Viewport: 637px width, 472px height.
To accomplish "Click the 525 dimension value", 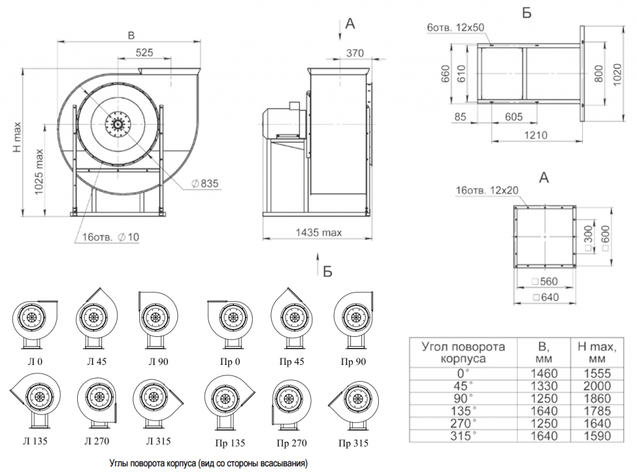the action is tap(144, 52).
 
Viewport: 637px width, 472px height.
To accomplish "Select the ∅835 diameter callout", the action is tap(205, 184).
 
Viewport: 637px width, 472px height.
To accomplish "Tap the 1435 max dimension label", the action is tap(318, 232).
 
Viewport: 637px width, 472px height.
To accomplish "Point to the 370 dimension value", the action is tap(355, 53).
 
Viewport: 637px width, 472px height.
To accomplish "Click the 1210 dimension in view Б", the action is tap(536, 135).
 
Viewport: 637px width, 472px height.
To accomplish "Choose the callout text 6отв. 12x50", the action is tap(455, 27).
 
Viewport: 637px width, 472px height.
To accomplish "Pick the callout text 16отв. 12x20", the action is tap(486, 190).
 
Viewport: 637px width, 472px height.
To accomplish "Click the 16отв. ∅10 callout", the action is tap(111, 237).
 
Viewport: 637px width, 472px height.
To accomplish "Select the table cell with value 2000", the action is tap(597, 386).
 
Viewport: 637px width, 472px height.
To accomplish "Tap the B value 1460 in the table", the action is tap(544, 373).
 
